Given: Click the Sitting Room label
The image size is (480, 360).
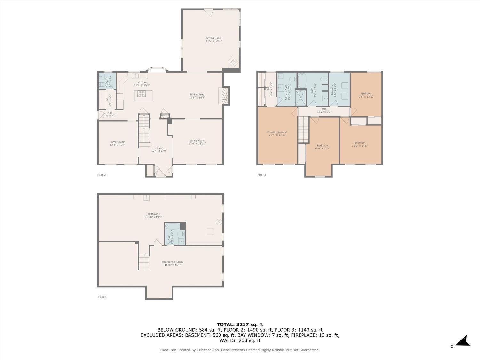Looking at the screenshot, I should click(x=213, y=38).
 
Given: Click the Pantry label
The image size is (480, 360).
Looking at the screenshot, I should click(x=165, y=116).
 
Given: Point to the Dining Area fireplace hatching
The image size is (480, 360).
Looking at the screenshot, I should click(x=225, y=95).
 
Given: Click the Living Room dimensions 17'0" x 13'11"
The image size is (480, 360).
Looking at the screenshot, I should click(x=197, y=144).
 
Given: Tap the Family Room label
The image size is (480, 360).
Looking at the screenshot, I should click(x=117, y=142).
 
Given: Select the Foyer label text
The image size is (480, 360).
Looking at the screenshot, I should click(x=159, y=148).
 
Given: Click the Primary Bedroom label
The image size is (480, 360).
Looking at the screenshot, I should click(x=278, y=132).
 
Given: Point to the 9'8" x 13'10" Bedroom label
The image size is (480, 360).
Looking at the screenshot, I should click(x=366, y=95).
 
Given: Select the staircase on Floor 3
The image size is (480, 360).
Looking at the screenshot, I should click(x=303, y=130).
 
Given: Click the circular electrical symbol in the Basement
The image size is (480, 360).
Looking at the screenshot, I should click(x=219, y=222).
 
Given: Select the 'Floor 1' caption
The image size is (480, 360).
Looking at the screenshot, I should click(x=102, y=297).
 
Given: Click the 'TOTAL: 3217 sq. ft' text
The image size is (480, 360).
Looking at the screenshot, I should click(x=240, y=324).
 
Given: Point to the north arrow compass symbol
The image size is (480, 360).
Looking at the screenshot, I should click(x=463, y=341).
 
